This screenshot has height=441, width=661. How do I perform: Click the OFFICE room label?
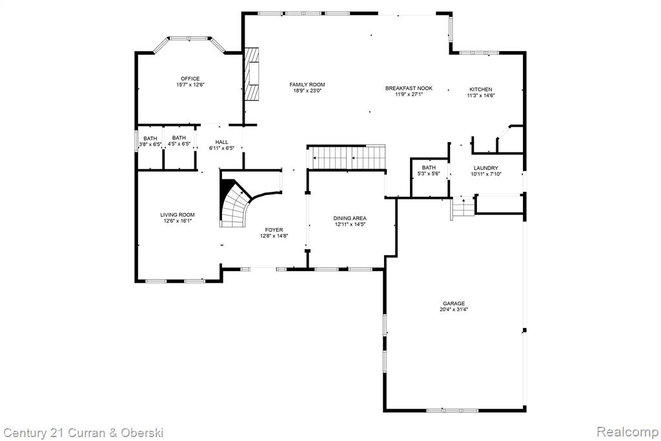pyautogui.click(x=190, y=79)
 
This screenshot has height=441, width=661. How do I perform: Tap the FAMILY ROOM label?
pyautogui.click(x=307, y=85)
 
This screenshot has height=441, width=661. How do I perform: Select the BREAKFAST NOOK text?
pyautogui.click(x=409, y=88)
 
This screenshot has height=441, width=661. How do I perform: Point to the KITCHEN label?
pyautogui.click(x=481, y=89)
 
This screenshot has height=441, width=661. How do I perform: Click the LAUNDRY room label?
pyautogui.click(x=486, y=168)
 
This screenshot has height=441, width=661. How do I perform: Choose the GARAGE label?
pyautogui.click(x=454, y=303)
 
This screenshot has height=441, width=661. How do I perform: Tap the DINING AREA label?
pyautogui.click(x=350, y=218)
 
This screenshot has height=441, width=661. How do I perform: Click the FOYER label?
pyautogui.click(x=274, y=230)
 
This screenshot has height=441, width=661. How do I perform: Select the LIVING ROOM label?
pyautogui.click(x=178, y=215)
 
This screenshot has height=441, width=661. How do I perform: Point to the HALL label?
pyautogui.click(x=222, y=142)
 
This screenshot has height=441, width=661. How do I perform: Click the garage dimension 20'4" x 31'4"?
pyautogui.click(x=454, y=309)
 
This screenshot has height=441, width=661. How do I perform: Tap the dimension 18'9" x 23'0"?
pyautogui.click(x=307, y=90)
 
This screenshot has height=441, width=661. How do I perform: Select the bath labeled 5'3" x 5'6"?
pyautogui.click(x=429, y=170)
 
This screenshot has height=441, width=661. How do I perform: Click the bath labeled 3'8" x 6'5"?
pyautogui.click(x=150, y=141)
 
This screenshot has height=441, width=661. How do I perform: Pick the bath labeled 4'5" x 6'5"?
pyautogui.click(x=179, y=141)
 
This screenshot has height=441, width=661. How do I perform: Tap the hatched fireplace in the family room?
pyautogui.click(x=252, y=74)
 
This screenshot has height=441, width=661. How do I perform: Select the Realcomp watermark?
pyautogui.click(x=627, y=432)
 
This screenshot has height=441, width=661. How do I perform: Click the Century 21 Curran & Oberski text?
pyautogui.click(x=83, y=433)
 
